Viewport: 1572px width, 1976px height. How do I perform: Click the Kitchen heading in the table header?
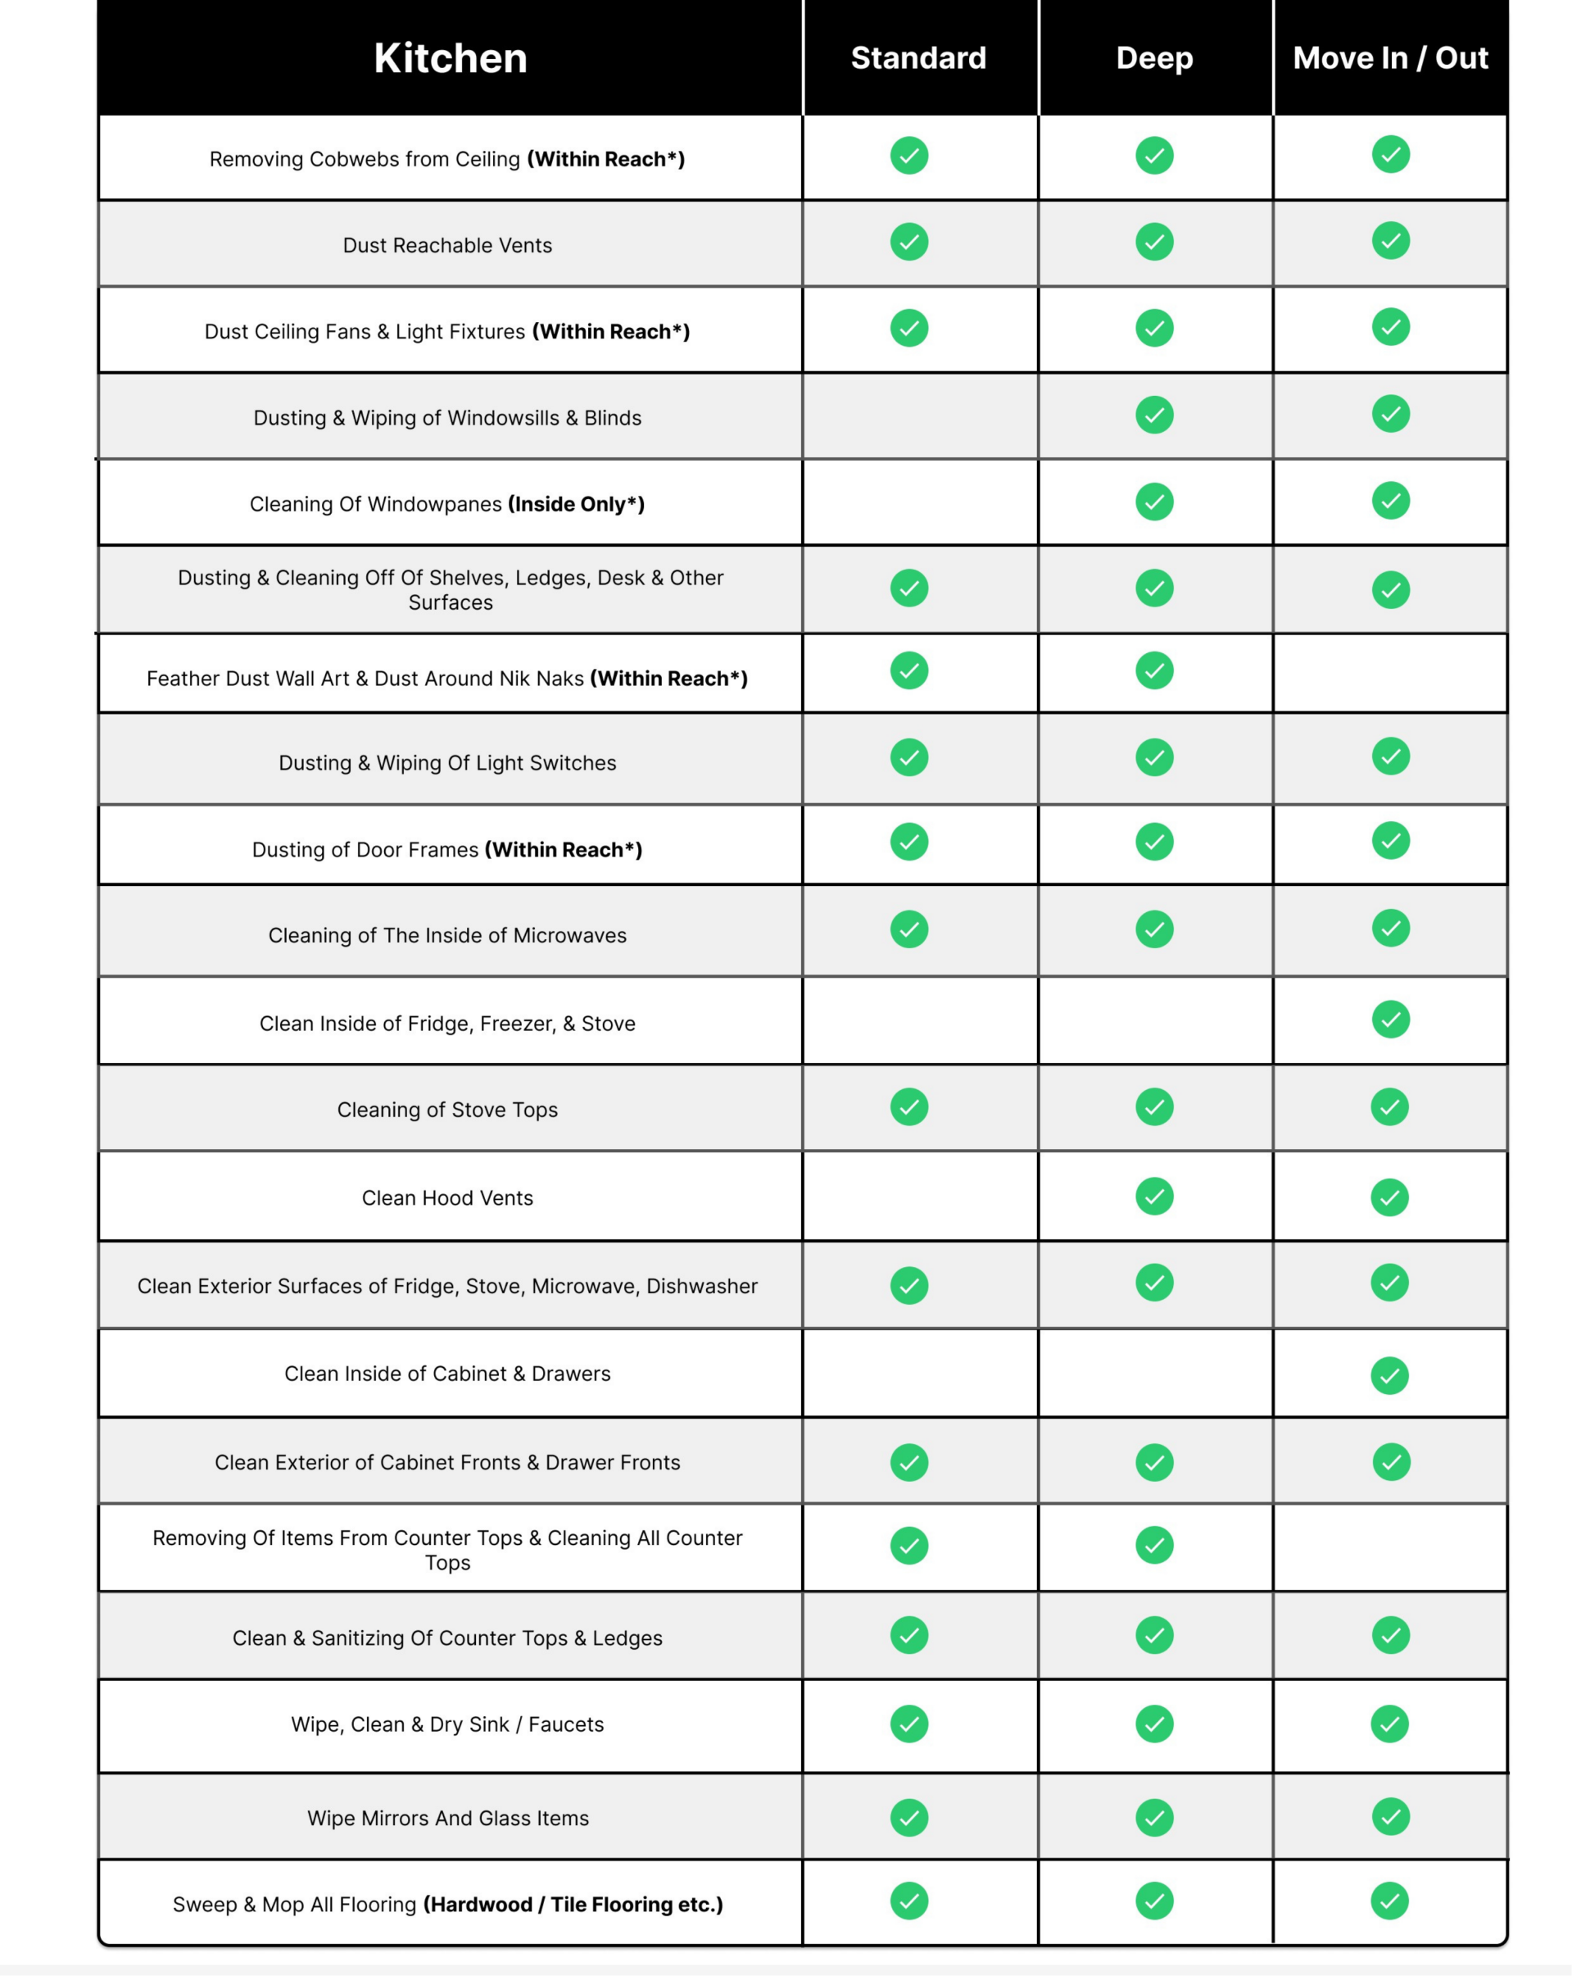[450, 57]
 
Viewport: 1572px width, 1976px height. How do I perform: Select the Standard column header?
[918, 57]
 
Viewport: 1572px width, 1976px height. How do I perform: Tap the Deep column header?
[1154, 57]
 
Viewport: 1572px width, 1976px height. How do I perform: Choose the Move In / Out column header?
[1389, 57]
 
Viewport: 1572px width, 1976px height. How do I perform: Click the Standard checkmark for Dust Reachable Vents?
[908, 242]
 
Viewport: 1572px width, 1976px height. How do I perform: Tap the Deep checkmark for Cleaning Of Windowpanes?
[1154, 502]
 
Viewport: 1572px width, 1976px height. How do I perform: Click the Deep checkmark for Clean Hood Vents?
[1154, 1196]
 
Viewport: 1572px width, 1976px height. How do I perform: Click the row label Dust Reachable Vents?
[447, 246]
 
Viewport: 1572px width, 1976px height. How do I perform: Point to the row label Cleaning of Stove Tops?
[447, 1110]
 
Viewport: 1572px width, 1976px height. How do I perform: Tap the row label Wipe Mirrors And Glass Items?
[448, 1819]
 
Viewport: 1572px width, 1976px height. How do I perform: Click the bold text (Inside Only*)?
[576, 504]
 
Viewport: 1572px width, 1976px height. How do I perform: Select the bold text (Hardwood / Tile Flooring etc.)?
[573, 1905]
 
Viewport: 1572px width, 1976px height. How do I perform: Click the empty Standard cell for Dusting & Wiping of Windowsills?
[920, 416]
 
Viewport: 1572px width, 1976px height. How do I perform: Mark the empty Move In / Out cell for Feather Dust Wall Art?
[1389, 674]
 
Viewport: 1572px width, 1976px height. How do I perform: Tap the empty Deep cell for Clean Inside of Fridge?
[1154, 1021]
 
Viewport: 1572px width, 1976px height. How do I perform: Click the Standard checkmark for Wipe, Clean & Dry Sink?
[908, 1724]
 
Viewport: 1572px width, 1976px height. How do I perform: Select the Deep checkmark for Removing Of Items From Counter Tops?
[1154, 1545]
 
